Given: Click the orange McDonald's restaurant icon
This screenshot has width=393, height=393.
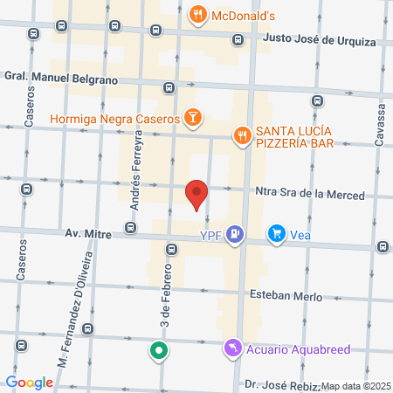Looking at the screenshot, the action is click(x=198, y=15).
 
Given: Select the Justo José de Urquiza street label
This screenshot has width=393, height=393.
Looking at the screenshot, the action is click(x=313, y=41).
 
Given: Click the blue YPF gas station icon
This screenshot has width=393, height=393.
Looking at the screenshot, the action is click(x=234, y=233).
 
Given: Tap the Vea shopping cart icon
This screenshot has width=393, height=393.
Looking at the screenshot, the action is click(x=277, y=233).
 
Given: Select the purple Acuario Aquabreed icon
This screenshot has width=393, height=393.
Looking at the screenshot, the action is click(x=231, y=349).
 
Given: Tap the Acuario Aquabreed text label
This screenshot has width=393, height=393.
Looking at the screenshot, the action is click(x=297, y=349).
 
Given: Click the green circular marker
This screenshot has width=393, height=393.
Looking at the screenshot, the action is click(x=158, y=352).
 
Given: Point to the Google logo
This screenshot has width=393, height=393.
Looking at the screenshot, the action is click(x=29, y=383).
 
